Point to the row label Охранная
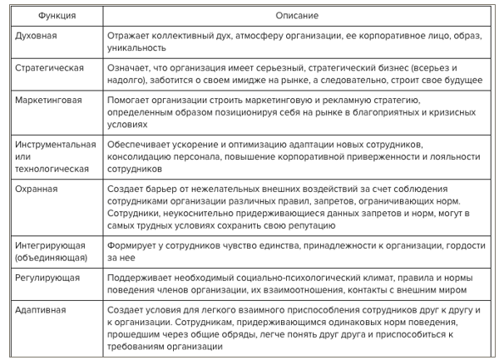(37, 189)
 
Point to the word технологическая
(52, 168)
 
